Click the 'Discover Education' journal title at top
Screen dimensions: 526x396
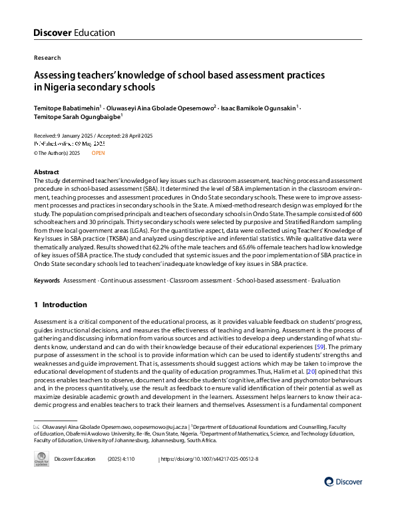point(74,33)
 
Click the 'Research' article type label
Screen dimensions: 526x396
point(47,58)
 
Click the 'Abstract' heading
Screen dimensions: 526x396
point(46,172)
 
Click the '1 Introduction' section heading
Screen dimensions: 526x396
point(60,305)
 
